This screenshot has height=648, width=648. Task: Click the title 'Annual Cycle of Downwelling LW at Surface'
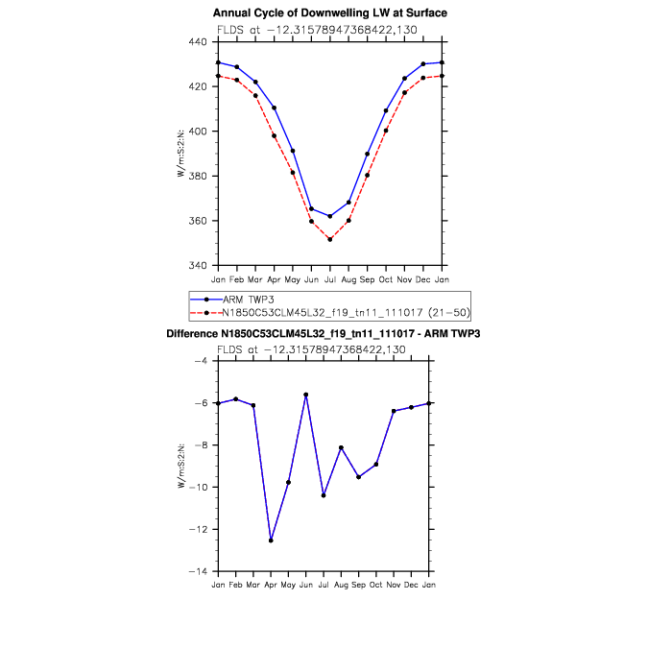click(x=330, y=12)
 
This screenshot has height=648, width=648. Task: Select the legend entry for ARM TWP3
click(x=232, y=300)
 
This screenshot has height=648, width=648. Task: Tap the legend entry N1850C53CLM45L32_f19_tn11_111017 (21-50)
click(x=330, y=313)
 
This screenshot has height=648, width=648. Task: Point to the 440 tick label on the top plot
click(x=198, y=41)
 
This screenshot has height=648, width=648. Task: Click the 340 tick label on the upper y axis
click(x=198, y=265)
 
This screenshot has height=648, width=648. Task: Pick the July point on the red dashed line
click(x=330, y=240)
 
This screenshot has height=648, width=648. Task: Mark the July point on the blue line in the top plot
click(x=330, y=216)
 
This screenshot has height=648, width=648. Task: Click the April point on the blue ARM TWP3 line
click(x=274, y=108)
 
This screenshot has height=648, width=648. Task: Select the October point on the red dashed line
click(x=386, y=131)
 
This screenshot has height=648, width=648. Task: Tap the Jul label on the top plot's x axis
click(x=330, y=279)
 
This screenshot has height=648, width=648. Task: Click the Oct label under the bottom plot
click(x=375, y=585)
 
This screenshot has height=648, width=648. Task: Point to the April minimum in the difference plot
click(x=271, y=540)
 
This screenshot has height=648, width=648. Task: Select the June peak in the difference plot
click(x=306, y=395)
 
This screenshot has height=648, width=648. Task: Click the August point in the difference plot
click(x=341, y=447)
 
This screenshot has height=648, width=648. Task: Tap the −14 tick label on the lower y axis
click(x=198, y=571)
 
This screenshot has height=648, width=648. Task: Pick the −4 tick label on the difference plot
click(x=201, y=361)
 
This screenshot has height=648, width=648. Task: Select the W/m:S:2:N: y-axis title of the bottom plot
click(x=181, y=467)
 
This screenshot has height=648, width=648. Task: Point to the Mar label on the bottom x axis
click(x=252, y=585)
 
